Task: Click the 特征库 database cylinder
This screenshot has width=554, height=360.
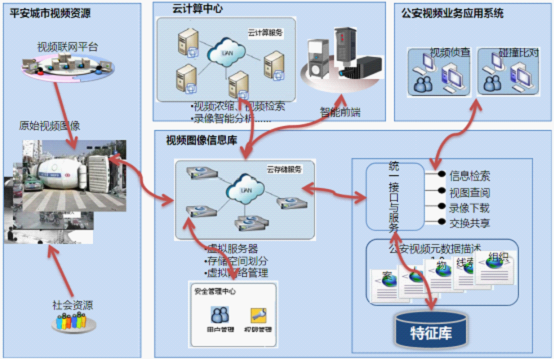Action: click(433, 327)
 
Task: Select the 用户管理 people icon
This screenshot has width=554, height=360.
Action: click(212, 315)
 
